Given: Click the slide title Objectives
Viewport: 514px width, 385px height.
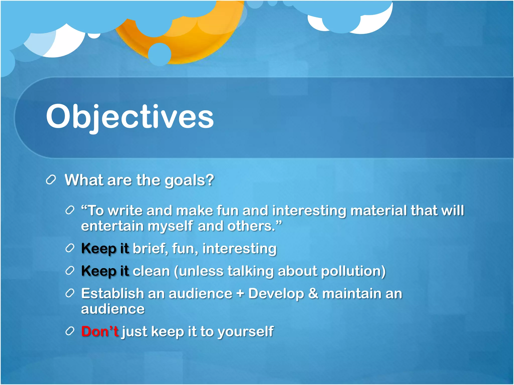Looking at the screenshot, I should coord(130,117).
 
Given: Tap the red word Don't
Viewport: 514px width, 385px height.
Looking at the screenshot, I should coord(100,331).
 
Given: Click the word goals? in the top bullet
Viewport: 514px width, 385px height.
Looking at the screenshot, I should coord(189,180).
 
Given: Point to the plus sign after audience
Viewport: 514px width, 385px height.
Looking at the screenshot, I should coord(240,294).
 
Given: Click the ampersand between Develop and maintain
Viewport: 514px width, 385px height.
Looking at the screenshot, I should coord(313,294).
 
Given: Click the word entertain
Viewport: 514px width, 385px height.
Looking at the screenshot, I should coord(112,226).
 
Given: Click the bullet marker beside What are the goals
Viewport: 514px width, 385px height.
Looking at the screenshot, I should coord(51,180).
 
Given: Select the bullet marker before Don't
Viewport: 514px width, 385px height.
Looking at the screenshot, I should coord(70,331).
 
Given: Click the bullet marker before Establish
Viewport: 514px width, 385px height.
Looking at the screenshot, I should coord(70,293).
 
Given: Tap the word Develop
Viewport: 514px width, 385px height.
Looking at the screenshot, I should coord(276,294).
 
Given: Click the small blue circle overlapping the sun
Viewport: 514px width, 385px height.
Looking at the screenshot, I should coord(160,54).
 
